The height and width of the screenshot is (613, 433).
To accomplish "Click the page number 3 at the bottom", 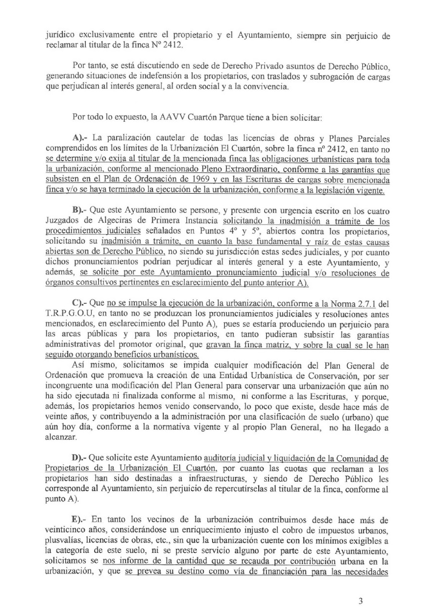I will click(x=360, y=601).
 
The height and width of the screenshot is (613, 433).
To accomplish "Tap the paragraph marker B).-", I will click(x=80, y=211).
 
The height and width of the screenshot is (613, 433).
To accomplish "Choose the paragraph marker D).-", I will click(x=80, y=458).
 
